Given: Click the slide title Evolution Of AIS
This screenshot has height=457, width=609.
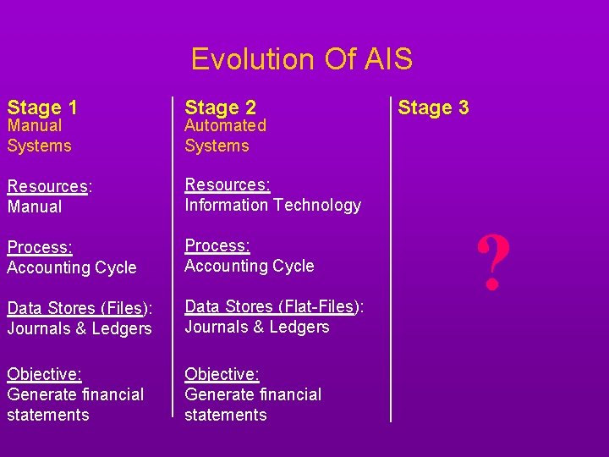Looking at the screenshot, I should point(302,59).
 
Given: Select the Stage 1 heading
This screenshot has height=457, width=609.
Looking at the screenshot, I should point(42,107).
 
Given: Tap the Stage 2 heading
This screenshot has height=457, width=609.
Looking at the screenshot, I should point(220,107).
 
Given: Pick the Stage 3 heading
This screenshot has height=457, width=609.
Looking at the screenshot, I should point(433,107).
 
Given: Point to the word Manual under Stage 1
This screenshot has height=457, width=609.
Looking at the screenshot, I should point(35,126).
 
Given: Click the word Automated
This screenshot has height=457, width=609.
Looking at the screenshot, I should point(225,126).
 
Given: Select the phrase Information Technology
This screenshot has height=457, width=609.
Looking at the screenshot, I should point(272,205).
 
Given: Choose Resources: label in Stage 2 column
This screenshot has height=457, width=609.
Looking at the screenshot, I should point(227,184).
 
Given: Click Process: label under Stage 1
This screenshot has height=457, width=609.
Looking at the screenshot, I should point(40,247).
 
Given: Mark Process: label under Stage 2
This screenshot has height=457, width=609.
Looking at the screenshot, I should point(217,245).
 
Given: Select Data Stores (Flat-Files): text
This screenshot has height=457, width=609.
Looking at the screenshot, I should point(274,306).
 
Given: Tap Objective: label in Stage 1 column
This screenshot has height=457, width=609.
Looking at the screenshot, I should point(44,374).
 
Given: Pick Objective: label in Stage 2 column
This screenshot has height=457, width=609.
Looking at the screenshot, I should point(222,374).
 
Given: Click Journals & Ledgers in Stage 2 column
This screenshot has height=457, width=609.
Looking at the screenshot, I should point(257,327).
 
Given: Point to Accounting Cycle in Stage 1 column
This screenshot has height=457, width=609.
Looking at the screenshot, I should point(72,267).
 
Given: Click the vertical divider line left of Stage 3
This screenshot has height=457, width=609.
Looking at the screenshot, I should point(391,254).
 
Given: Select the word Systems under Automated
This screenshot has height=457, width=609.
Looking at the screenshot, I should point(217,146).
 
